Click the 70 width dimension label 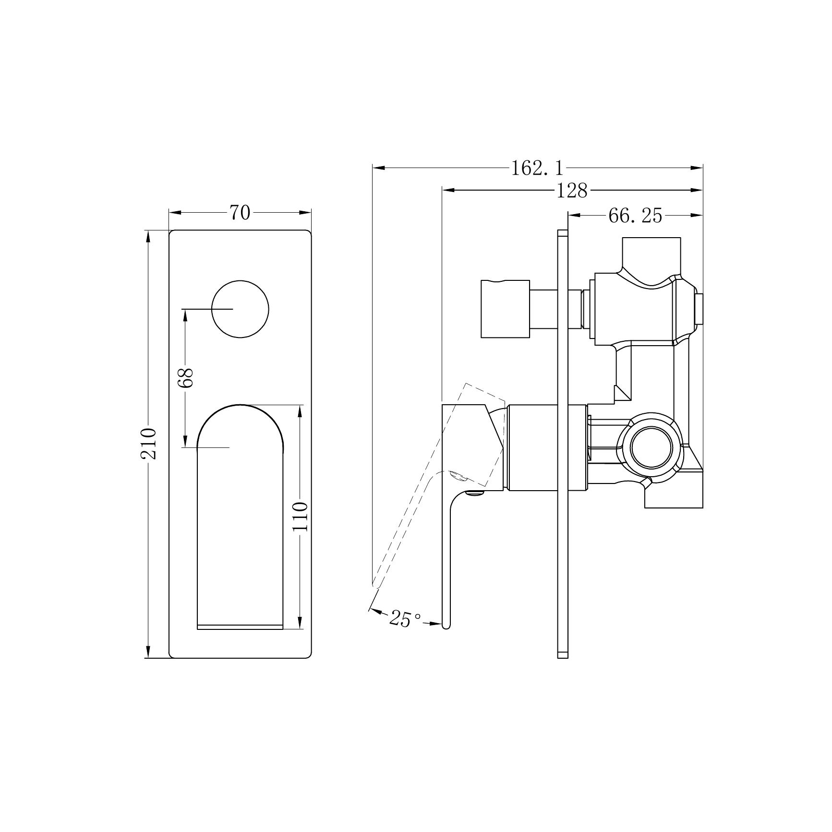[240, 212]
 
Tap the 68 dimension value [185, 378]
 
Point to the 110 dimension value [300, 516]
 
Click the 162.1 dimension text [537, 168]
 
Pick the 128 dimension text [572, 191]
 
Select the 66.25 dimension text [635, 216]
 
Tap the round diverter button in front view [240, 309]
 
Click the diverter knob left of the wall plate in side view [505, 309]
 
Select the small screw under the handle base [476, 492]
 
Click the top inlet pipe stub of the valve [651, 252]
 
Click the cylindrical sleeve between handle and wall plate [533, 447]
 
